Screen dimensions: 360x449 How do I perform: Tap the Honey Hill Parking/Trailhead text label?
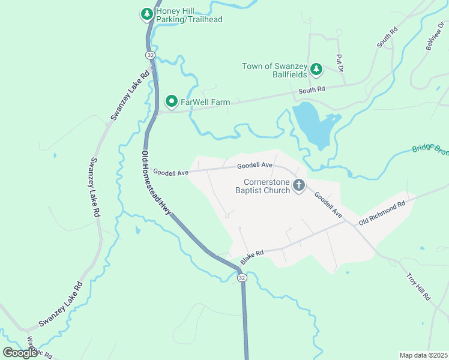(x=189, y=15)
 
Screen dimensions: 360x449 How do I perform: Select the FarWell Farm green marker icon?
(x=171, y=102)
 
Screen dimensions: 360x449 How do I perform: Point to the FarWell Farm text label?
(x=205, y=103)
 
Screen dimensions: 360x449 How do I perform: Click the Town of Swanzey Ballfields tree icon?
(x=317, y=71)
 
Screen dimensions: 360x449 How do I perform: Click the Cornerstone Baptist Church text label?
(x=267, y=186)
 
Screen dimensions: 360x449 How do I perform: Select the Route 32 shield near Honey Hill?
(x=150, y=55)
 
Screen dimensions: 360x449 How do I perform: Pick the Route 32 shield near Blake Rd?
(x=241, y=278)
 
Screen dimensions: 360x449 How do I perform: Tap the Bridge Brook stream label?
(x=430, y=149)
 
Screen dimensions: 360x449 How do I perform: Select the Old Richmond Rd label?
(x=382, y=213)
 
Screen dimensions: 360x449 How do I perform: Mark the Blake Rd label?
(x=252, y=258)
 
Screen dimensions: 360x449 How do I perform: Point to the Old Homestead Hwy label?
(x=155, y=181)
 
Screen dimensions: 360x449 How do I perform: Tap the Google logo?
(x=20, y=353)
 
